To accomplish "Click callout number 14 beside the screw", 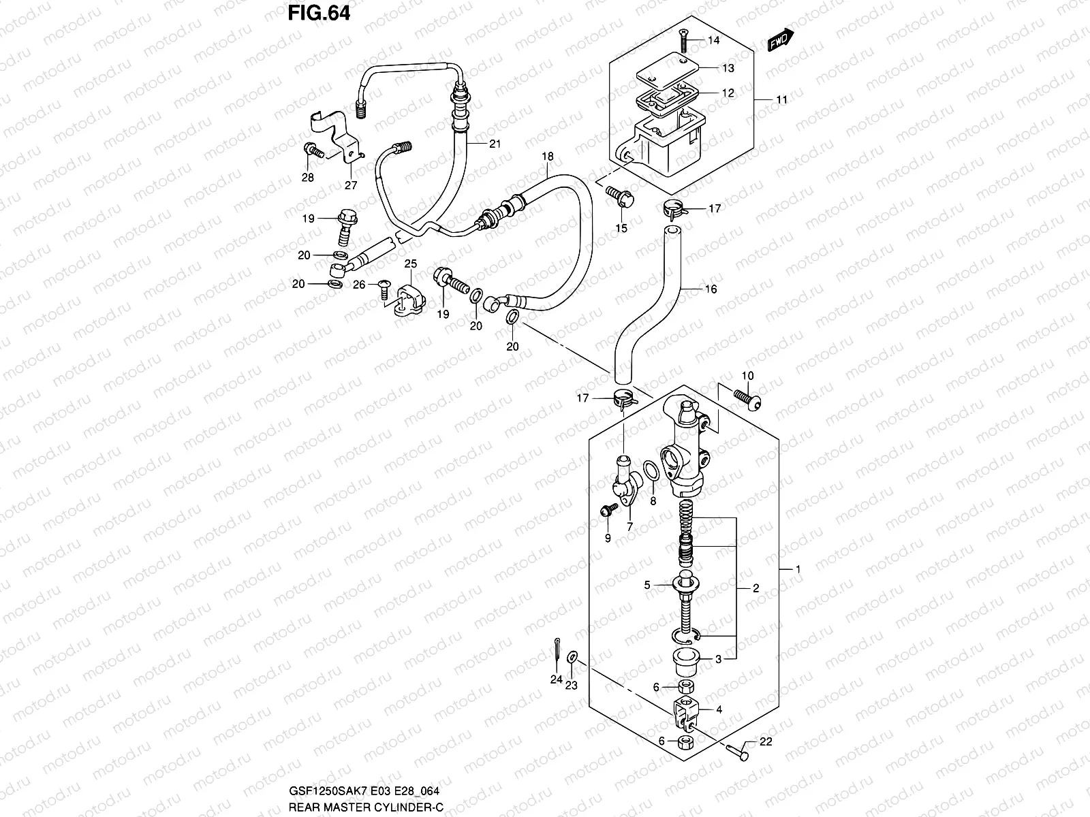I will point(713,40).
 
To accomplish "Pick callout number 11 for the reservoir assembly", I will point(781,99).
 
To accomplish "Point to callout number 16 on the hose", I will point(711,289).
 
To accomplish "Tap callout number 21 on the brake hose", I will point(495,143).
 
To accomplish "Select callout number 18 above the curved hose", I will point(548,157).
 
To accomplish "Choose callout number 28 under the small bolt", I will point(308,178).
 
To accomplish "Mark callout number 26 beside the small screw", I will point(359,285).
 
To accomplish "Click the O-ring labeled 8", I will point(651,470).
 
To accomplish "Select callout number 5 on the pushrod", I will point(648,584).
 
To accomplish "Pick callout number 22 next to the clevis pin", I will point(766,742).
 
